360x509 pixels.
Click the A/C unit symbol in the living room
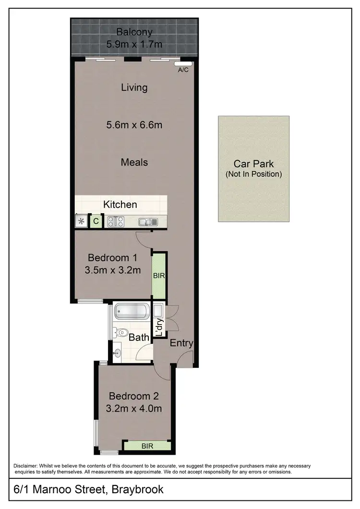(183, 63)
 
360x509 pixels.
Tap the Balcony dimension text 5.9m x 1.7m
(134, 45)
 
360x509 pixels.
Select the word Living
(134, 87)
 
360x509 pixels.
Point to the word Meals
(134, 162)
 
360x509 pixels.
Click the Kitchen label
(120, 205)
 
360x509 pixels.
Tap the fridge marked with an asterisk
(81, 221)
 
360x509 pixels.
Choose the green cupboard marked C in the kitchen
(96, 221)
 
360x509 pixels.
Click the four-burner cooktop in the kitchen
(116, 221)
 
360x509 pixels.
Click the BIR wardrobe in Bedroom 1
(158, 277)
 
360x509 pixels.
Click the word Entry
(182, 343)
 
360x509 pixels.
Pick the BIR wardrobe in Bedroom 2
(147, 446)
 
